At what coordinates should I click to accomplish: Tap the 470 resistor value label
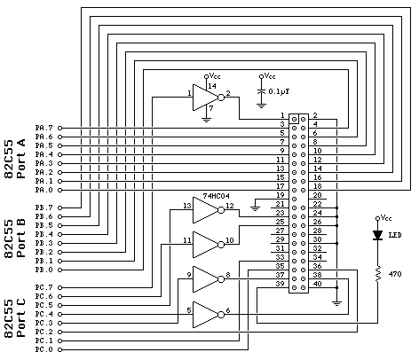(x=396, y=275)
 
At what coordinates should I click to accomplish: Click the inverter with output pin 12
(x=206, y=210)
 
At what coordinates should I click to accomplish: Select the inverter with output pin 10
(x=206, y=242)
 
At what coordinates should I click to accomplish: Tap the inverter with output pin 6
(x=206, y=313)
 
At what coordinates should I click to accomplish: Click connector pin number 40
(x=316, y=284)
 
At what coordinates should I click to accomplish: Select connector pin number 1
(x=281, y=115)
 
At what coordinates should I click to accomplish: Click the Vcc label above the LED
(x=386, y=216)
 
